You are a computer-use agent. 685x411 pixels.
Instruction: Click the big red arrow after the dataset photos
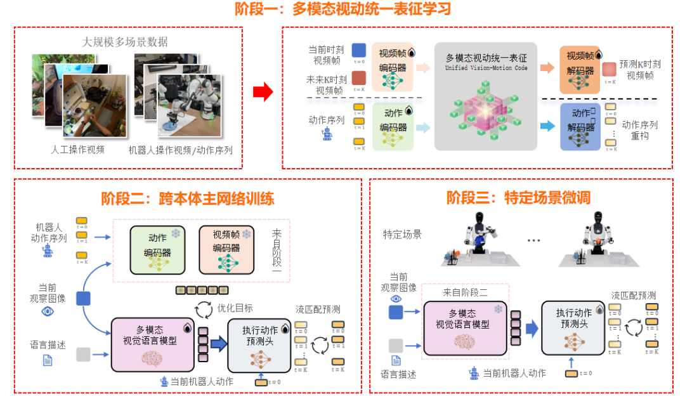tap(263, 93)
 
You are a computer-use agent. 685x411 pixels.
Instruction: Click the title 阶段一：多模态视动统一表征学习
tap(342, 10)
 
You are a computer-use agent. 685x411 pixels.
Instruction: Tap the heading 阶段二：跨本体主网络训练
tap(188, 198)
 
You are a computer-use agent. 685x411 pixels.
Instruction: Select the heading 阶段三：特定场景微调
tap(518, 197)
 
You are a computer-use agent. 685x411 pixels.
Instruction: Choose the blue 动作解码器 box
tap(580, 127)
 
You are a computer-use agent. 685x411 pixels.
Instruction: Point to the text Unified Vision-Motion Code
tap(486, 68)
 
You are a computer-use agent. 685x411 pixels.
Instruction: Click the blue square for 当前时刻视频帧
tap(358, 50)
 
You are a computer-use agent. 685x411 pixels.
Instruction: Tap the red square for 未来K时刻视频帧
tap(358, 78)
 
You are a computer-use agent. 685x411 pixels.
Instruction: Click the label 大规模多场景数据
tap(125, 42)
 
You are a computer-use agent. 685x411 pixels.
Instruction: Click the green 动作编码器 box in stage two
tap(158, 250)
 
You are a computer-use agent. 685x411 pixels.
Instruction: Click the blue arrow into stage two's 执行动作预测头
tap(218, 344)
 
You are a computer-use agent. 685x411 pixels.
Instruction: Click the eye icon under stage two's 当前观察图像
tap(48, 312)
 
